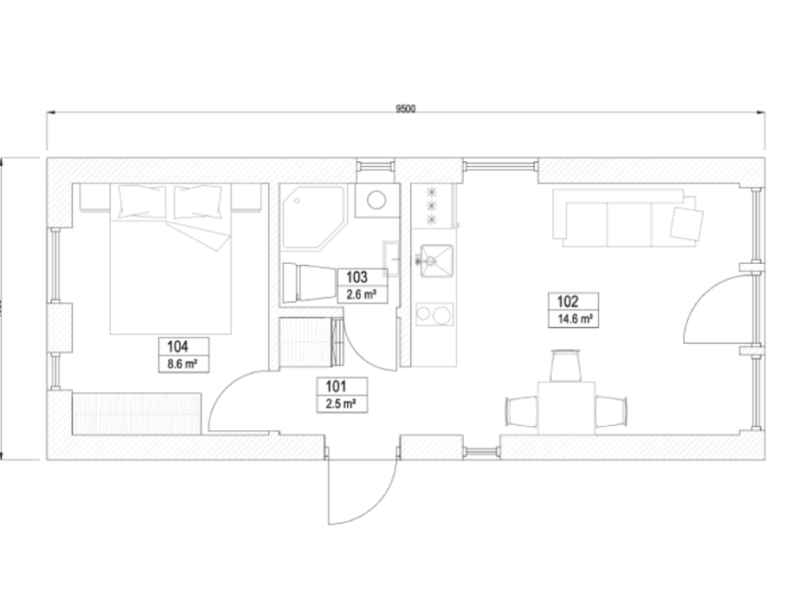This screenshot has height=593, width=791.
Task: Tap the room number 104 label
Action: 178,347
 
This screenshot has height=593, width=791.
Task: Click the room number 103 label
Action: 357,276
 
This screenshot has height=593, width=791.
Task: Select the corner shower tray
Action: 311,217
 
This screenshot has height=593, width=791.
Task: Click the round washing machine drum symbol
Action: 377,201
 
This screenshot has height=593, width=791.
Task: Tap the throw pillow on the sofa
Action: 685,219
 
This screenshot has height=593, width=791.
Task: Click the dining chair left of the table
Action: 520,407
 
